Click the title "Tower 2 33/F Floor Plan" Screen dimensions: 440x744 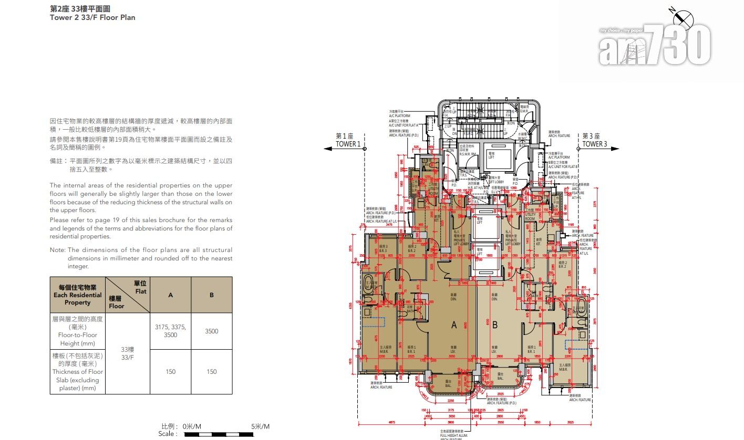point(92,17)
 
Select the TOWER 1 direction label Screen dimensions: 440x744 point(348,144)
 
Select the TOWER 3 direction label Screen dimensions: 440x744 point(594,144)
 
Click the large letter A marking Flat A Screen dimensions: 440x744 point(454,325)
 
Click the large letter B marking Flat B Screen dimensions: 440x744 point(494,325)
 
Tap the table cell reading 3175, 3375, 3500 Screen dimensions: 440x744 point(170,331)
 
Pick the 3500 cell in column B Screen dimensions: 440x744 point(211,331)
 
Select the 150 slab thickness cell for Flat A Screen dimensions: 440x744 point(170,372)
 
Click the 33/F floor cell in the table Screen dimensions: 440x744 point(128,353)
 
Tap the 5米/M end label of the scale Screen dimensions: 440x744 point(260,426)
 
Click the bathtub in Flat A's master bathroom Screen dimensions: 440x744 point(367,279)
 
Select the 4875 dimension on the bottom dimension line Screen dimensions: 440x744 point(392,422)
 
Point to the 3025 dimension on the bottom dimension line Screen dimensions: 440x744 point(570,422)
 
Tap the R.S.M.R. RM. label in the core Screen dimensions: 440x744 point(468,154)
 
